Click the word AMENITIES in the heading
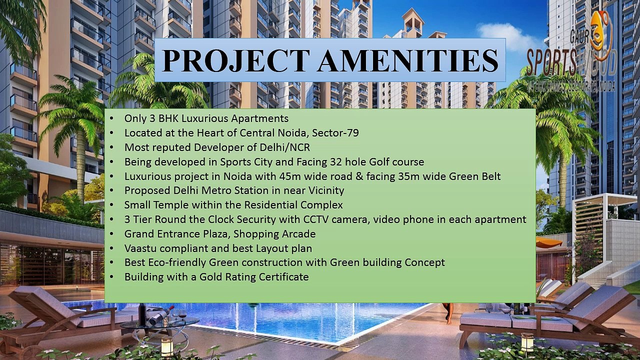[408, 60]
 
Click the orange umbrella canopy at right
[548, 242]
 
